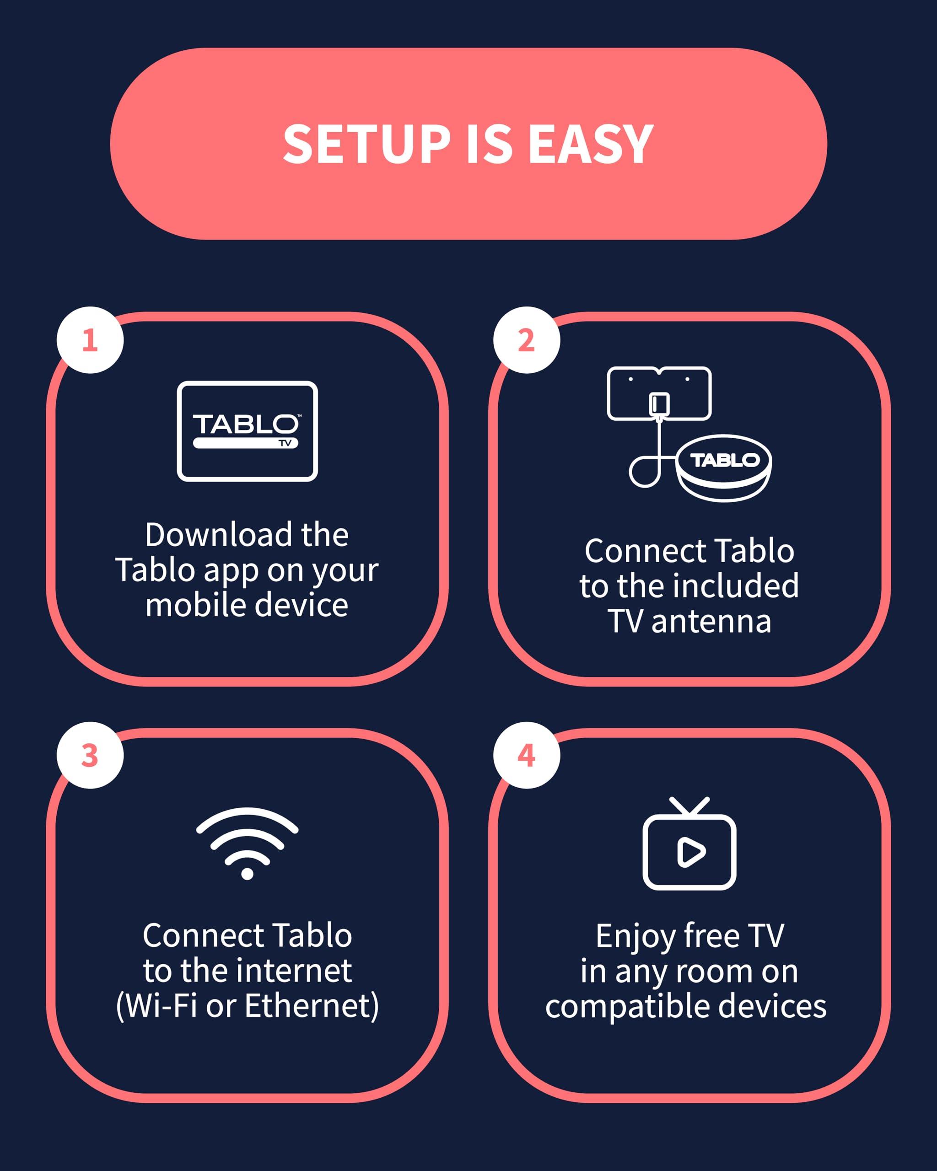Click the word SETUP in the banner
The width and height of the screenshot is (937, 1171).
point(366,144)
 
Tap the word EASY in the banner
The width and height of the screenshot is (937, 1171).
point(591,144)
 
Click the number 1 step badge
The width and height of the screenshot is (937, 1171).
point(90,340)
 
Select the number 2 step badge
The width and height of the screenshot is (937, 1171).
point(526,340)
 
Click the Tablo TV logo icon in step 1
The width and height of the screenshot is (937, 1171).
point(247,431)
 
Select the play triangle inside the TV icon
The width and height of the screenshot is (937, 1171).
point(690,852)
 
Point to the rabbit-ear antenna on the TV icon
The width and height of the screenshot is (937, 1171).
point(689,806)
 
